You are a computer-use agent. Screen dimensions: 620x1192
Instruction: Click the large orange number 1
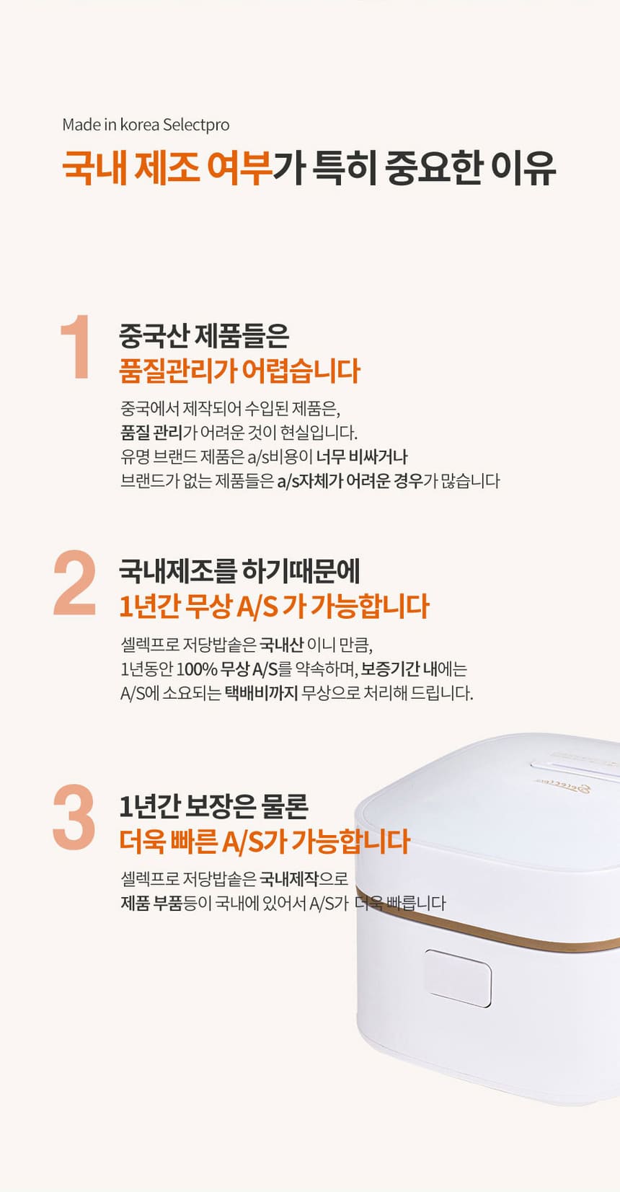click(76, 346)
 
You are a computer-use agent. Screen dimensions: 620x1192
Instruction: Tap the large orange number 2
click(74, 583)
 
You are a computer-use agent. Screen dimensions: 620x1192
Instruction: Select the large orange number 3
click(74, 817)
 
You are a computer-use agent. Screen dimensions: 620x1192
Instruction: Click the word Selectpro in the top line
click(196, 125)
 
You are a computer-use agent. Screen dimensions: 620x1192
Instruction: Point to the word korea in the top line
click(139, 125)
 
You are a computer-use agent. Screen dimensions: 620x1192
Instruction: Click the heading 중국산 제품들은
click(204, 336)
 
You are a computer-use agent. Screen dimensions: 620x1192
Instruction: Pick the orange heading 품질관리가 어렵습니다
click(240, 371)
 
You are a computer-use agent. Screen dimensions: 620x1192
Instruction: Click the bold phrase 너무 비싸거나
click(362, 456)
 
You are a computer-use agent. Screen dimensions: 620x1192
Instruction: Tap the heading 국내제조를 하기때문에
click(239, 572)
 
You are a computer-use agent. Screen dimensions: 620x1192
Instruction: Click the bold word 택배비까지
click(261, 693)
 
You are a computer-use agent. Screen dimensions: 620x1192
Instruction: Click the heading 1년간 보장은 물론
click(214, 807)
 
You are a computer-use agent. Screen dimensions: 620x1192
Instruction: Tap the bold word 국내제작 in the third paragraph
click(289, 878)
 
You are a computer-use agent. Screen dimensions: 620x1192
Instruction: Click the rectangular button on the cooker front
click(458, 978)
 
